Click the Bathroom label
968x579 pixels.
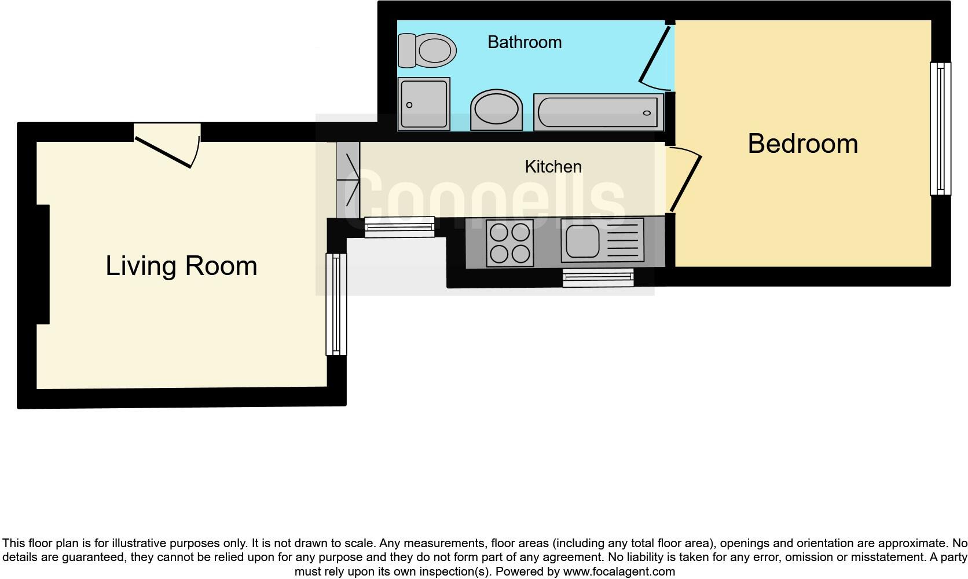(x=525, y=42)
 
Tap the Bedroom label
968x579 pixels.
(x=802, y=144)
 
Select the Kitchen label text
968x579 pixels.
(x=553, y=167)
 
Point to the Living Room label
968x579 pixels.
(x=181, y=266)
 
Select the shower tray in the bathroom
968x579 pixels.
(x=424, y=104)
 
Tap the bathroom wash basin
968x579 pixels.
(x=496, y=110)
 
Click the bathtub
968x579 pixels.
(x=598, y=112)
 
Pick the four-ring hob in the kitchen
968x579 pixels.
(x=509, y=244)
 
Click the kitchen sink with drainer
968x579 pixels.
(x=602, y=240)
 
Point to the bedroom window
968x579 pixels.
(x=940, y=129)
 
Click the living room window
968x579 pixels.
(x=336, y=304)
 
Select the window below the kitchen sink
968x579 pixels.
(x=598, y=278)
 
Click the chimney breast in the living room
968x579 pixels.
(x=43, y=265)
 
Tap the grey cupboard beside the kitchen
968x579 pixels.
(x=348, y=180)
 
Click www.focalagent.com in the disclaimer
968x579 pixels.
(x=619, y=571)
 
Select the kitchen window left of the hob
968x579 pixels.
(x=399, y=227)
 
